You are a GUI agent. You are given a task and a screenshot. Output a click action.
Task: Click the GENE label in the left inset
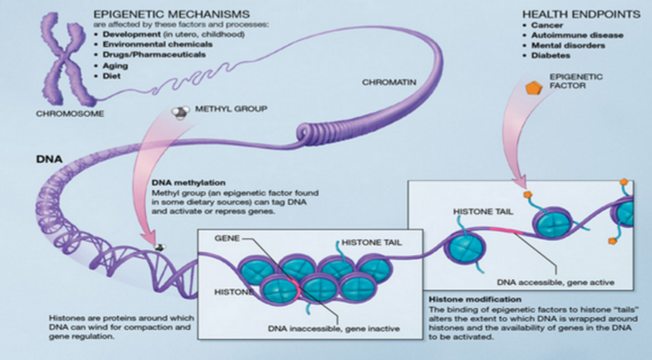226,237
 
